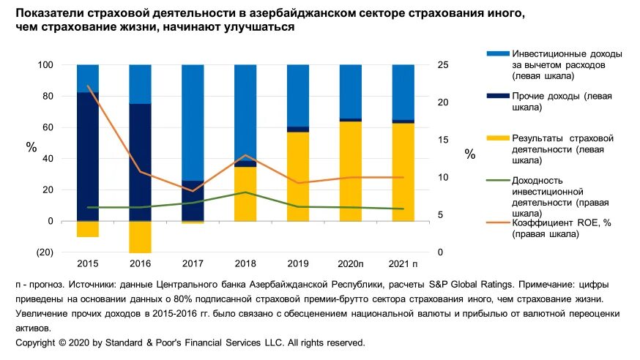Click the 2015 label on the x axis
[x=87, y=263]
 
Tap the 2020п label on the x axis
[x=351, y=263]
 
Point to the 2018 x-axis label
[x=245, y=263]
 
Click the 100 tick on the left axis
[x=45, y=65]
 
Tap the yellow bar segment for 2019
[x=297, y=176]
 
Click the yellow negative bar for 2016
[x=140, y=236]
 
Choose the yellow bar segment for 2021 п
[x=403, y=172]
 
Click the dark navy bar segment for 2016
[x=140, y=162]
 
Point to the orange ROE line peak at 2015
[x=88, y=86]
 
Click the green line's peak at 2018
[x=245, y=192]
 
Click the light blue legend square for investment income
[x=497, y=54]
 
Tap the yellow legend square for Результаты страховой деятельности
[x=497, y=138]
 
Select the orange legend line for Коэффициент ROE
[x=497, y=224]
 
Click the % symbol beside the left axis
[x=31, y=147]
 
